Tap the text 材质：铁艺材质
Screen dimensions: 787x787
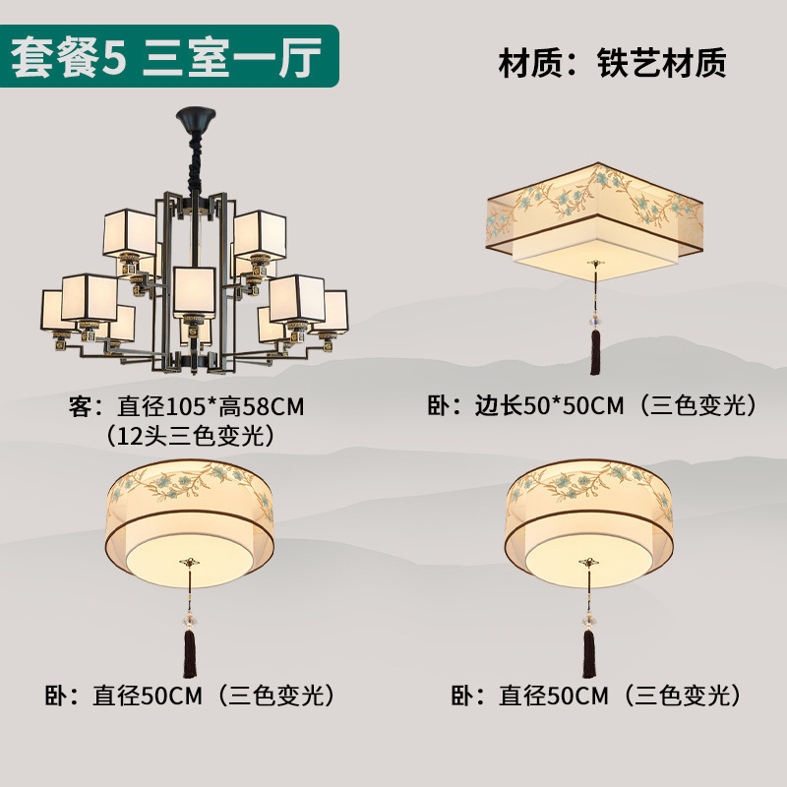[612, 63]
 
